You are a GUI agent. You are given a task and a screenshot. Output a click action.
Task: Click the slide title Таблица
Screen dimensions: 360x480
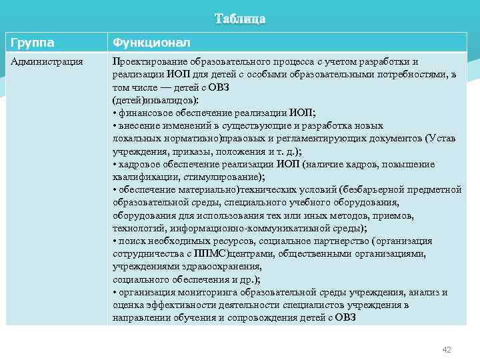(x=240, y=19)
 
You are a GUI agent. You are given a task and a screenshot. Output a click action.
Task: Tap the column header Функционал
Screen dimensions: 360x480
(x=151, y=43)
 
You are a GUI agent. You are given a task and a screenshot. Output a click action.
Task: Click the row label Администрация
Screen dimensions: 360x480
(x=46, y=61)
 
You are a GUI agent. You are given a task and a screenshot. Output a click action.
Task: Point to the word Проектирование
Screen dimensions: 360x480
(x=146, y=61)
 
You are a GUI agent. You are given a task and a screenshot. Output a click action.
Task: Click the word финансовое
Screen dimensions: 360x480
(x=143, y=112)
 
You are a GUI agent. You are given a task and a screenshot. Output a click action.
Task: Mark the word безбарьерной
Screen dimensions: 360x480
(x=371, y=189)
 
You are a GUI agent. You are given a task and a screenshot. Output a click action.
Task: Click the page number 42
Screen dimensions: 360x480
(x=447, y=349)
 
